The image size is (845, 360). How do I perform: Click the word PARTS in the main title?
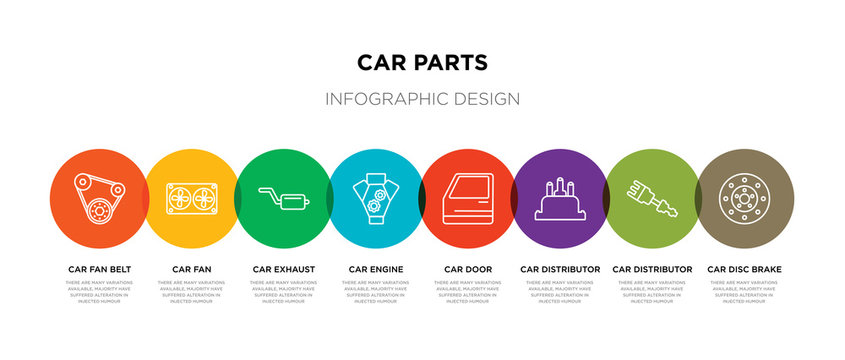[455, 62]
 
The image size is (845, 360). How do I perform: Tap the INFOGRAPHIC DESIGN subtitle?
[422, 99]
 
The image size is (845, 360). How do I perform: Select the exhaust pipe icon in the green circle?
[285, 200]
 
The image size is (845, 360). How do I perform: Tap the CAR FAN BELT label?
[99, 269]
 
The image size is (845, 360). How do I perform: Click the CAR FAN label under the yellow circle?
[191, 269]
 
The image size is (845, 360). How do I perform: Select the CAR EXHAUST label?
[284, 269]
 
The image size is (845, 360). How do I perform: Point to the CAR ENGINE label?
[376, 269]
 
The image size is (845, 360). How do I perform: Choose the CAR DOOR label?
[468, 269]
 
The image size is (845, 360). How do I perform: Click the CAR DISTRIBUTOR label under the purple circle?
[560, 269]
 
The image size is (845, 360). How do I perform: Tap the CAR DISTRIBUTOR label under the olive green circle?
[652, 269]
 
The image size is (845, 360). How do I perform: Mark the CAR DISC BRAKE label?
[744, 269]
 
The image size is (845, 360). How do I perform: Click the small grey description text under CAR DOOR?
[468, 291]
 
